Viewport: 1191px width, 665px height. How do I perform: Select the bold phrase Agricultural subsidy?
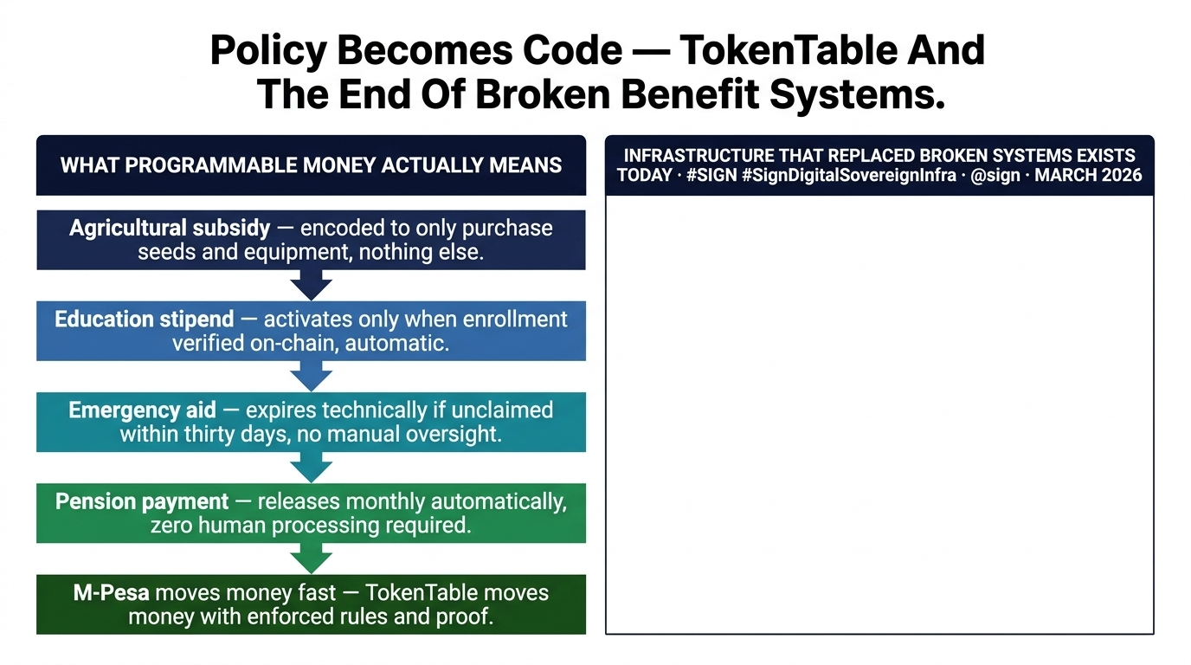(x=170, y=229)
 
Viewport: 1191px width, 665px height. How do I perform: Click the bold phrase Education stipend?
(x=144, y=320)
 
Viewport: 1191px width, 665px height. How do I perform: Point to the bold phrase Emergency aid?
(x=142, y=410)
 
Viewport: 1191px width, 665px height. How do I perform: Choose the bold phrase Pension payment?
(x=142, y=501)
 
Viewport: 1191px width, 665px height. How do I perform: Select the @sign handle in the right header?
(x=997, y=175)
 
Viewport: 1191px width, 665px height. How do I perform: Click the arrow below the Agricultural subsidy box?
(x=311, y=284)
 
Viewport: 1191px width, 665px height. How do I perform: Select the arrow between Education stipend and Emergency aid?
(x=311, y=376)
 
